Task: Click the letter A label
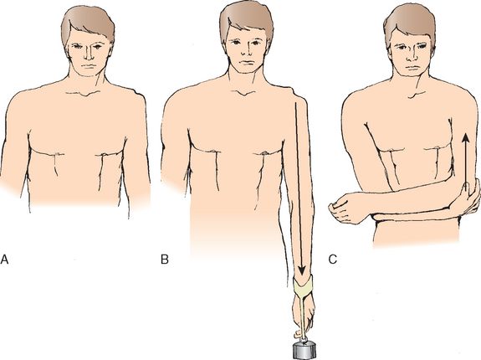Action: point(4,260)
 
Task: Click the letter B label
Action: point(165,260)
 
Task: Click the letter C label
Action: point(333,260)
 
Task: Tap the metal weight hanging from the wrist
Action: point(304,350)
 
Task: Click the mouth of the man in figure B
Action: point(247,62)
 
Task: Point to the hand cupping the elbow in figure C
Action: point(468,198)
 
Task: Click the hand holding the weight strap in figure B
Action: point(303,316)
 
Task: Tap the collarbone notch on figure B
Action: point(244,93)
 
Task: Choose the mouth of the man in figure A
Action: point(89,66)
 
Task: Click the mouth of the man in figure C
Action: point(411,67)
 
